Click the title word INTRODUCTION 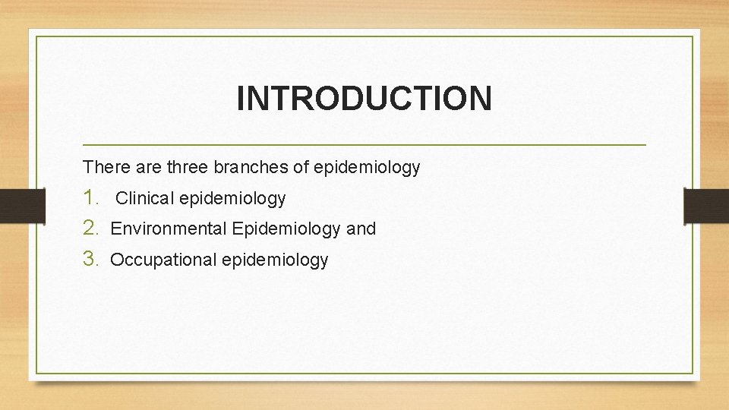pyautogui.click(x=364, y=99)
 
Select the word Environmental pyautogui.click(x=169, y=229)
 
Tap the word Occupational pyautogui.click(x=163, y=260)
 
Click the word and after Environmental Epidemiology pyautogui.click(x=361, y=229)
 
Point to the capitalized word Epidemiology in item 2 pyautogui.click(x=287, y=229)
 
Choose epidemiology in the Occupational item pyautogui.click(x=275, y=260)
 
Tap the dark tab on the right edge pyautogui.click(x=706, y=205)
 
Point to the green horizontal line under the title pyautogui.click(x=364, y=144)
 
